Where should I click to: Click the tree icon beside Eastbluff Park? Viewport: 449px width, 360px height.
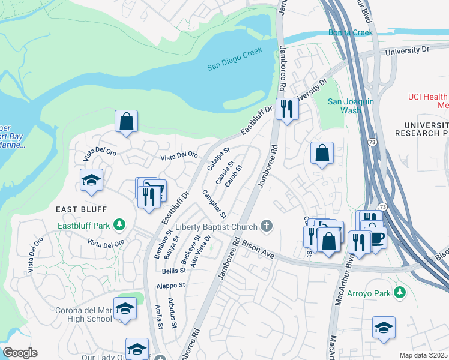coord(120,225)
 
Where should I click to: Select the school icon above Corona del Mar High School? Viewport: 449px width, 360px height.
coord(125,308)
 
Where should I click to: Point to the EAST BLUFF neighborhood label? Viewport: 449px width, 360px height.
coord(81,209)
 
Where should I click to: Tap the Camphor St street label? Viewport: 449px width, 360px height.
coord(214,204)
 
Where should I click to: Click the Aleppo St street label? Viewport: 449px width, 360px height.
coord(170,286)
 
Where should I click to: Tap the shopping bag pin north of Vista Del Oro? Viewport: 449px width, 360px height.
coord(127,121)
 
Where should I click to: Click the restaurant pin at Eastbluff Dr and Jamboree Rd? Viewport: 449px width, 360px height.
coord(287,109)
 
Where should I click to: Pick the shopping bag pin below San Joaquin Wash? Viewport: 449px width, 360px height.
coord(322,153)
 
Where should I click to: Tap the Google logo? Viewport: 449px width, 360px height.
coord(20,353)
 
